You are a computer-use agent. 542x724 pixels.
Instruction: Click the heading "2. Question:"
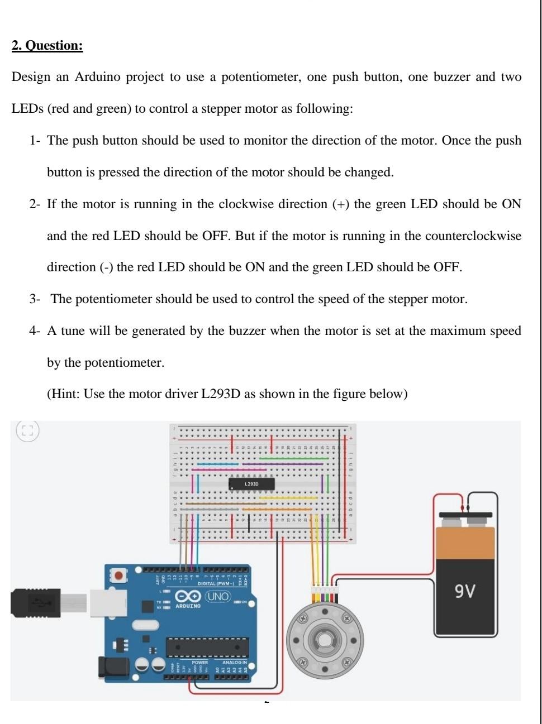point(47,46)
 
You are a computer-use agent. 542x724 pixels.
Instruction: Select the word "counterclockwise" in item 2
point(473,236)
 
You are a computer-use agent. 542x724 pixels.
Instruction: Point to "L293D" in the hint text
point(221,395)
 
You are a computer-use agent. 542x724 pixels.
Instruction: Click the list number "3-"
point(35,300)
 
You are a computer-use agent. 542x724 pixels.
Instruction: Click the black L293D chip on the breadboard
point(251,484)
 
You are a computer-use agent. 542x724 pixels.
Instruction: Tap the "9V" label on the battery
point(465,591)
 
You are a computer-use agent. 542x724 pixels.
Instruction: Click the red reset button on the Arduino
point(118,575)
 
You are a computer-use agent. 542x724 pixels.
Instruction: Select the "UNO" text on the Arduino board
point(218,597)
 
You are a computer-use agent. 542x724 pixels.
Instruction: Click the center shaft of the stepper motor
point(325,638)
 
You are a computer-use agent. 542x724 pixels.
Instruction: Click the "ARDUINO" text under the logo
point(188,606)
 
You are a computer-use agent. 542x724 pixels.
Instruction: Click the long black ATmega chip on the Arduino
point(207,647)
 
